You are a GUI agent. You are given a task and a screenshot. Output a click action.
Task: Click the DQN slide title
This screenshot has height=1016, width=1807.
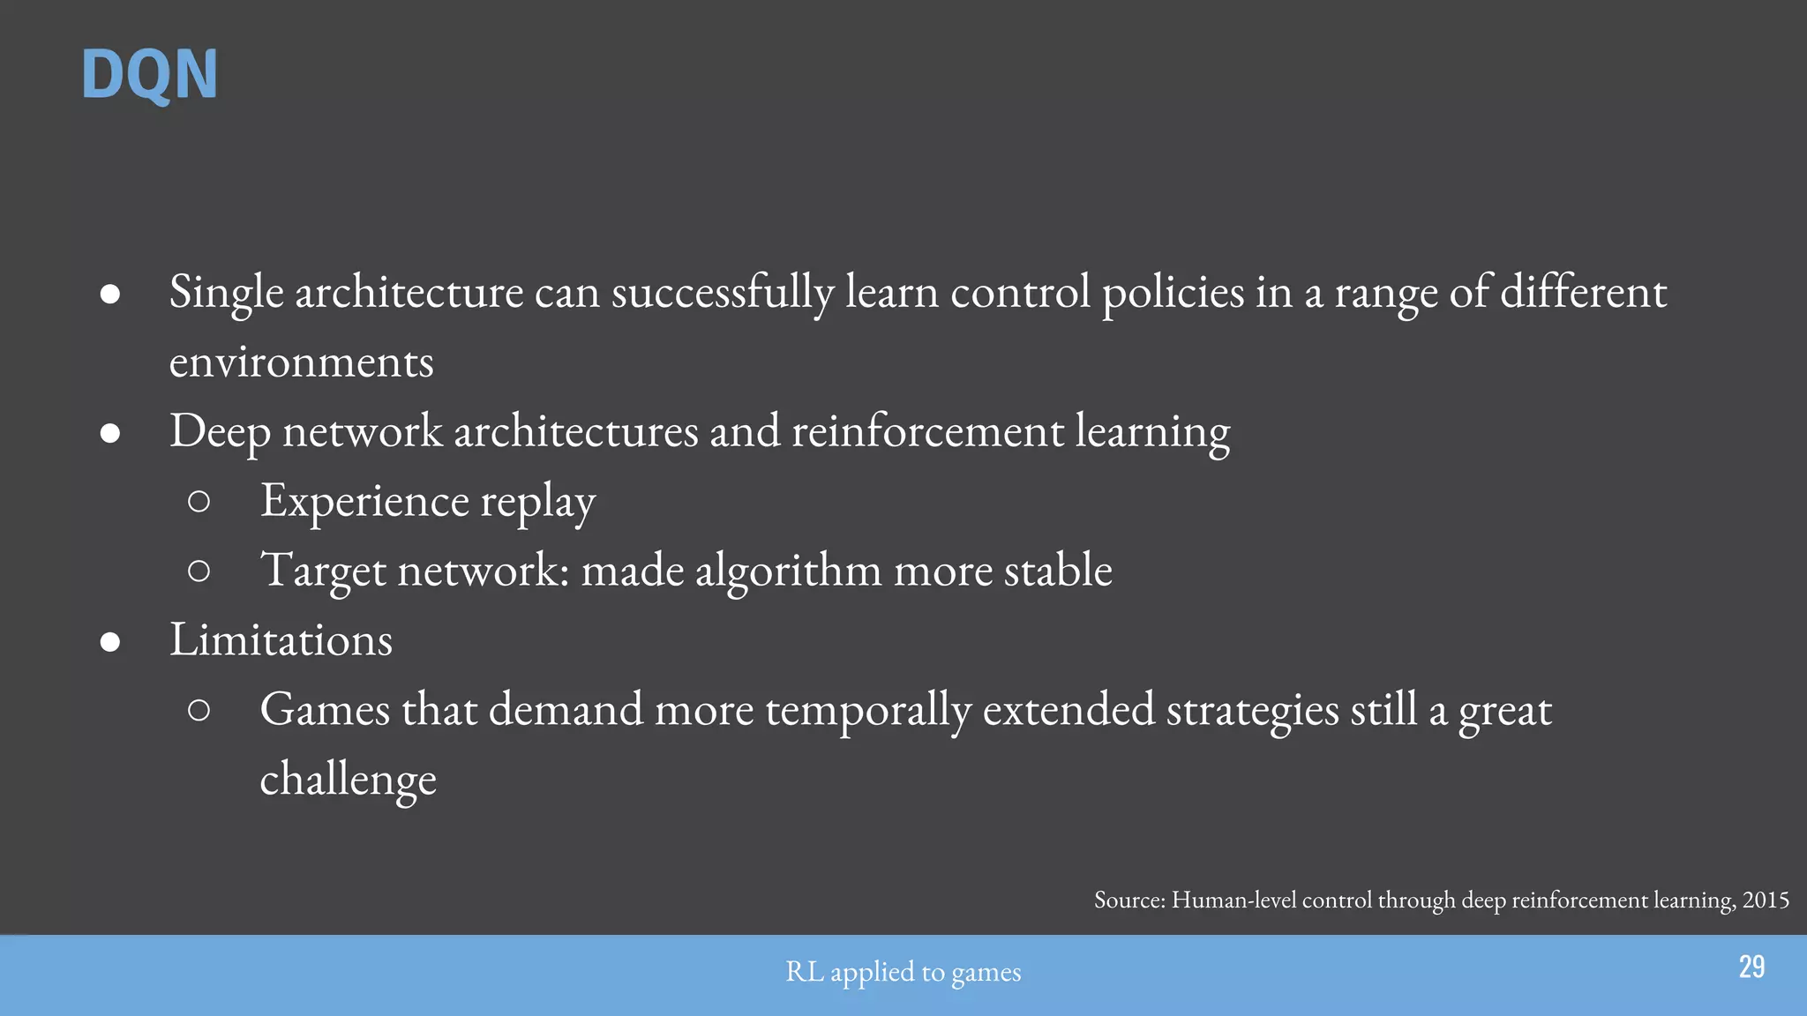pyautogui.click(x=149, y=75)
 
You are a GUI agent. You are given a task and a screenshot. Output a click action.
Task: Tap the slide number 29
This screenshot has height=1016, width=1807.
pyautogui.click(x=1751, y=967)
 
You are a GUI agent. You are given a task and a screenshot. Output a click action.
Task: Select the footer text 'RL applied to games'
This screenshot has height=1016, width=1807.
pyautogui.click(x=903, y=972)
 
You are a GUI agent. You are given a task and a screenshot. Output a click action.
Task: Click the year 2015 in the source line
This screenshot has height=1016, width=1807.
pyautogui.click(x=1766, y=900)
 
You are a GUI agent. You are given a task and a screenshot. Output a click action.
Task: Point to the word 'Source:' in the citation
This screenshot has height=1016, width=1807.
pyautogui.click(x=1129, y=900)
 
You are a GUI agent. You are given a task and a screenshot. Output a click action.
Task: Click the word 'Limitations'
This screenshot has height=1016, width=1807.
pyautogui.click(x=281, y=639)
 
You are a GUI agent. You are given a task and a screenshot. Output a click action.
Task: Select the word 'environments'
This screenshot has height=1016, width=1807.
pyautogui.click(x=301, y=362)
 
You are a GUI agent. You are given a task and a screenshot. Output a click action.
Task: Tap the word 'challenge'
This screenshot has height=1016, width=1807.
pyautogui.click(x=348, y=779)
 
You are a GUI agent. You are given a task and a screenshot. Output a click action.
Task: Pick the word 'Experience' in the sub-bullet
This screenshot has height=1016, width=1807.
pyautogui.click(x=364, y=501)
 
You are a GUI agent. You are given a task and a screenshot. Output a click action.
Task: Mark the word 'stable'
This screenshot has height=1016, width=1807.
pyautogui.click(x=1058, y=570)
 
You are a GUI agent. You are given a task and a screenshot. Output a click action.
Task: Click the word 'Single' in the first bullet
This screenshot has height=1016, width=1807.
pyautogui.click(x=226, y=292)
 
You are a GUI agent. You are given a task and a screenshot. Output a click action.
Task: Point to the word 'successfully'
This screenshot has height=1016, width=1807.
pyautogui.click(x=723, y=292)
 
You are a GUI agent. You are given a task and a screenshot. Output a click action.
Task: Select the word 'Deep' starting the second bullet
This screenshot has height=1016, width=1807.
pyautogui.click(x=220, y=432)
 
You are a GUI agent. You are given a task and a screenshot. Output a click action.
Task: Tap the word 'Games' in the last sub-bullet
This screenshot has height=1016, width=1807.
pyautogui.click(x=325, y=709)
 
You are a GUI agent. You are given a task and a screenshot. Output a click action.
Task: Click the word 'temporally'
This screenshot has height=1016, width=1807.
pyautogui.click(x=868, y=711)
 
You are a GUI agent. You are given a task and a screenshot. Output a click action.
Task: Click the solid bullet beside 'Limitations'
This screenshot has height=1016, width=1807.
pyautogui.click(x=110, y=641)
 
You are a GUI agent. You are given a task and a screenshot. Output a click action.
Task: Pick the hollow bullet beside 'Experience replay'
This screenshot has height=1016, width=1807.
pyautogui.click(x=199, y=502)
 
